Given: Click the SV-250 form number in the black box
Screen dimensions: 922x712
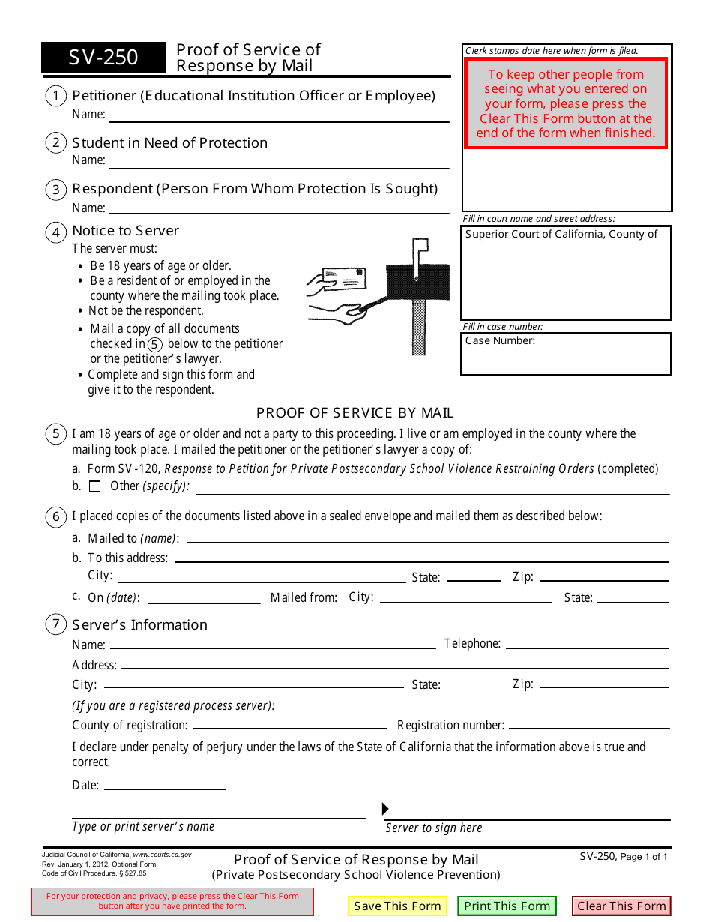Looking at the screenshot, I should point(103,58).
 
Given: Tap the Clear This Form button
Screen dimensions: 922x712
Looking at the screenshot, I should point(621,906).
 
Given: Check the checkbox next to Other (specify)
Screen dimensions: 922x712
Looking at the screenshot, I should point(94,486).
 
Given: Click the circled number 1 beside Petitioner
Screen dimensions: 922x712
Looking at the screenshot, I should point(55,96).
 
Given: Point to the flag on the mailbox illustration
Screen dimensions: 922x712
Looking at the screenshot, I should point(420,245).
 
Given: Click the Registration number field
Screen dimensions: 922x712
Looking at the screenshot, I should point(588,725).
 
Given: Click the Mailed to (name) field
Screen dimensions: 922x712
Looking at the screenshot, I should point(427,538).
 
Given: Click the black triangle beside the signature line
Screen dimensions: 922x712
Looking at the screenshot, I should point(386,809).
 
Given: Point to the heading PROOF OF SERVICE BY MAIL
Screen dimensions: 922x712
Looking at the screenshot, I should point(355,413).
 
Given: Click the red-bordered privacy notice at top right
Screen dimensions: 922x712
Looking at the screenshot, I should point(566,103).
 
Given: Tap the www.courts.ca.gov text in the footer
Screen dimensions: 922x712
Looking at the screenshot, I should point(162,855).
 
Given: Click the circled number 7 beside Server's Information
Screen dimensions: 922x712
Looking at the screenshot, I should point(55,624).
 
